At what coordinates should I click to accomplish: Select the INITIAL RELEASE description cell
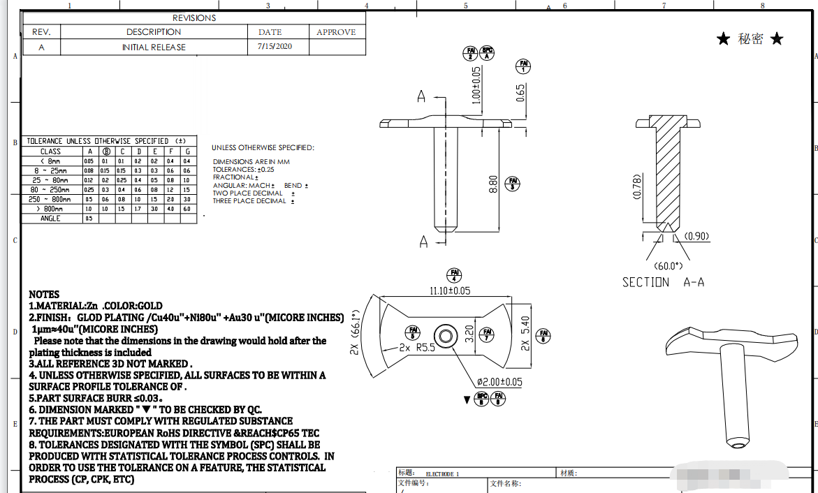154,47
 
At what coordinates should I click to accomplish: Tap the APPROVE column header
336,32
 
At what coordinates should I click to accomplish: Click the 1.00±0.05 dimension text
476,85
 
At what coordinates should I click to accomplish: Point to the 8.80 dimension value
493,184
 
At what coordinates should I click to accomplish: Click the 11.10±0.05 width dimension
441,290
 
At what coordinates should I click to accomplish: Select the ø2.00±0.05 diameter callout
499,382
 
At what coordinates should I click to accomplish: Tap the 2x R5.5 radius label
417,347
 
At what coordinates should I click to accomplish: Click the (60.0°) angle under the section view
667,265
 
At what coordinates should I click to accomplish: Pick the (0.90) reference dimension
696,236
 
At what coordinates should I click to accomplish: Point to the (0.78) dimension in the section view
637,186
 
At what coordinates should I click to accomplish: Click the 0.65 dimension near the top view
520,92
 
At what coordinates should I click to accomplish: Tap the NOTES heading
44,294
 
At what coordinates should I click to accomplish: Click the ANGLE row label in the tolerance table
51,219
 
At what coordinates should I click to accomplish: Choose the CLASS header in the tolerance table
51,151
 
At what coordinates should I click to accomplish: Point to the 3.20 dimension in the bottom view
469,334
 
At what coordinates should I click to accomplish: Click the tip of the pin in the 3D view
738,443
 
